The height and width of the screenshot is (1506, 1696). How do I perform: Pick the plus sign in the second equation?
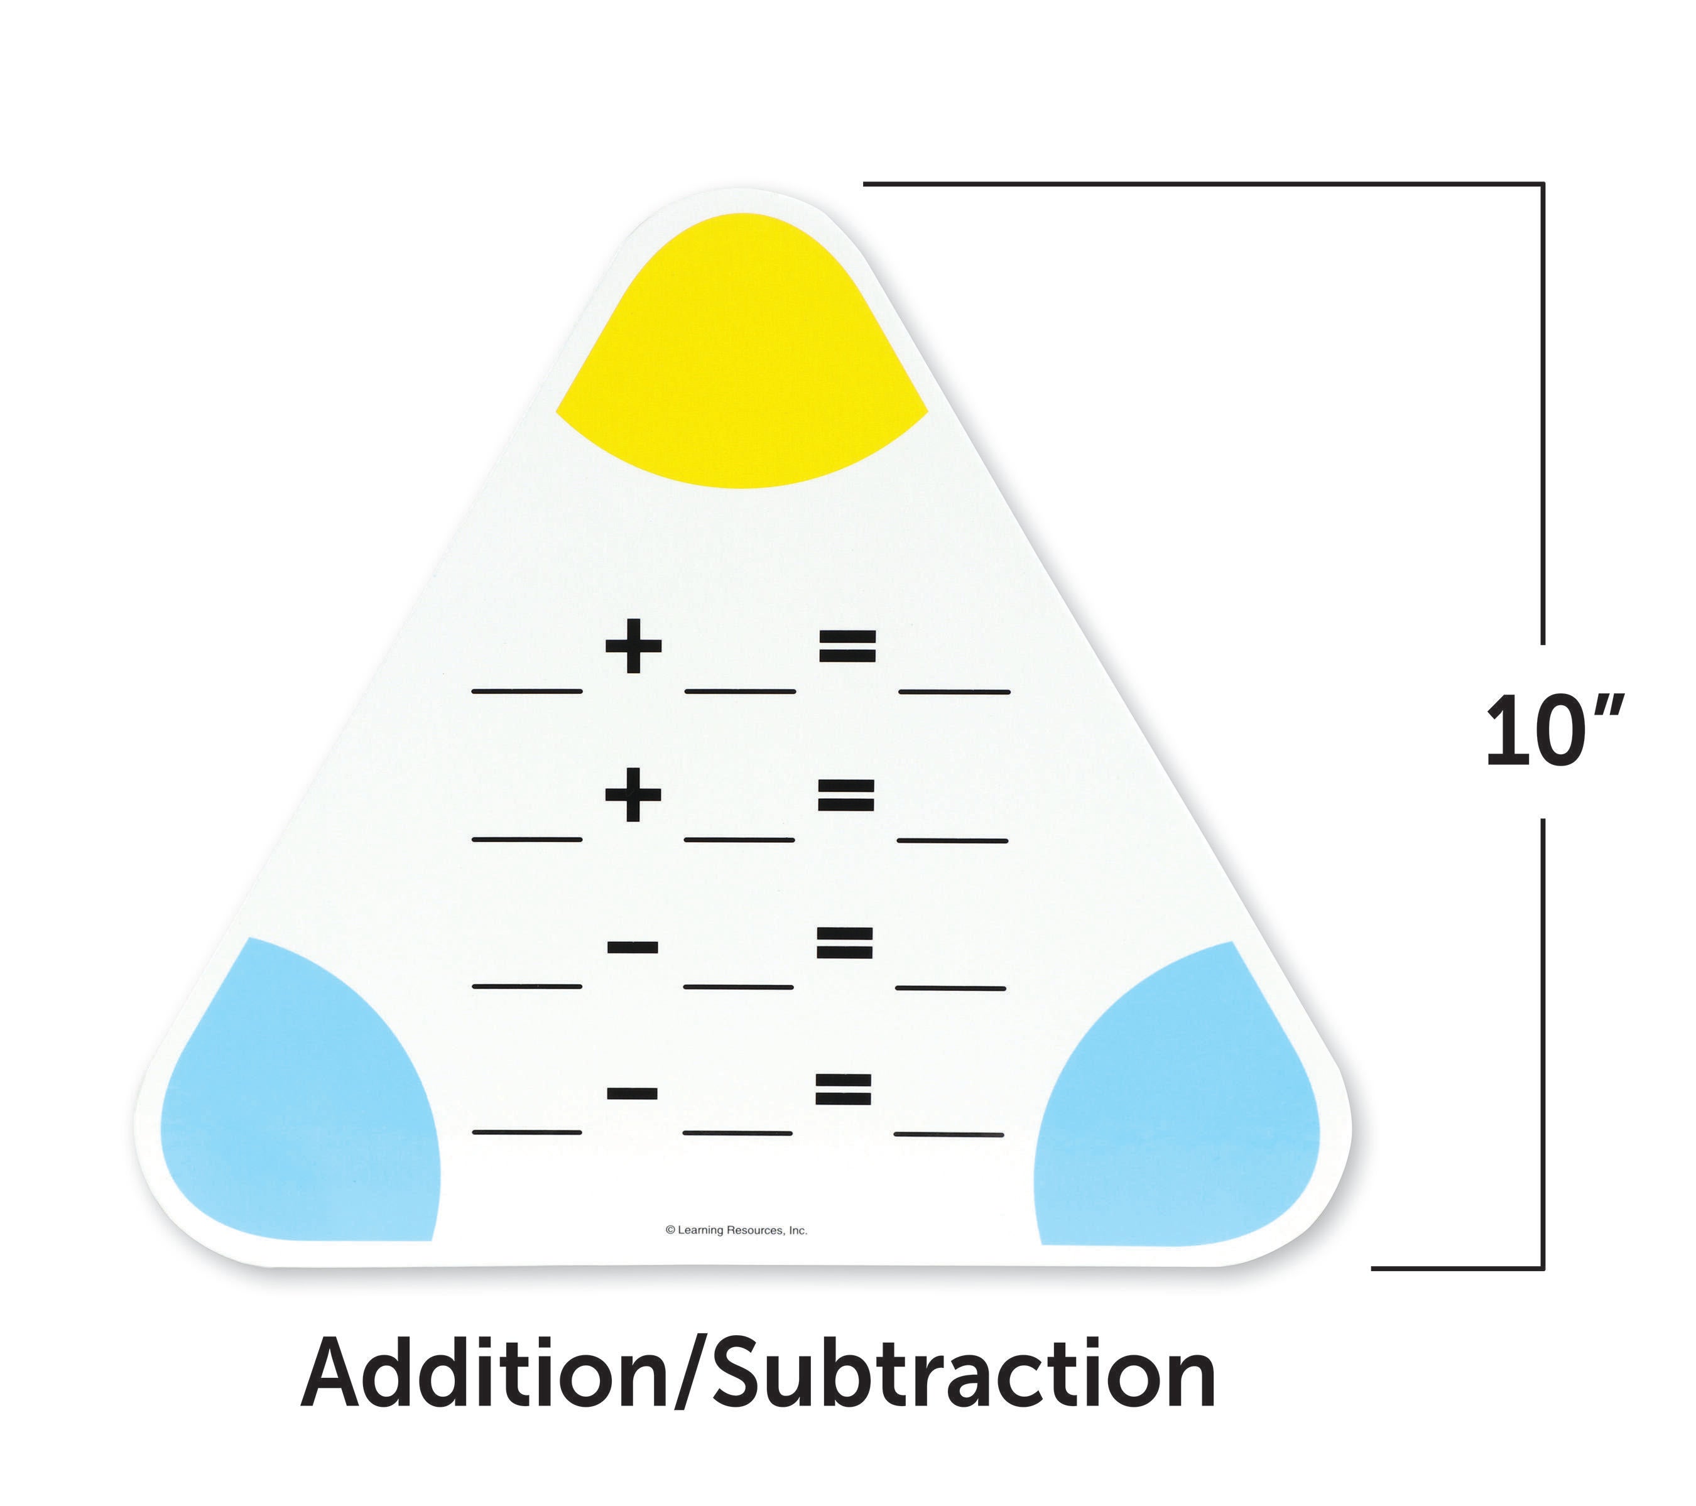(633, 794)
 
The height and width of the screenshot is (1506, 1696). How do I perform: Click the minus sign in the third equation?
(633, 946)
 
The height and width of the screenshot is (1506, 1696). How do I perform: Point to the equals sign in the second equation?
(845, 795)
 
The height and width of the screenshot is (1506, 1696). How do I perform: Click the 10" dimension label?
(1552, 732)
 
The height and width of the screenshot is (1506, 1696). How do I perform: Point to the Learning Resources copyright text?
(736, 1230)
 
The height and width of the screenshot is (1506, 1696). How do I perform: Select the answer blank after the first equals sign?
(954, 691)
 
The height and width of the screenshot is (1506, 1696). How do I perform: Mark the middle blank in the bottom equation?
(737, 1132)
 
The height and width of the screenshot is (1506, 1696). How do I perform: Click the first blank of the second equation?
(527, 840)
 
